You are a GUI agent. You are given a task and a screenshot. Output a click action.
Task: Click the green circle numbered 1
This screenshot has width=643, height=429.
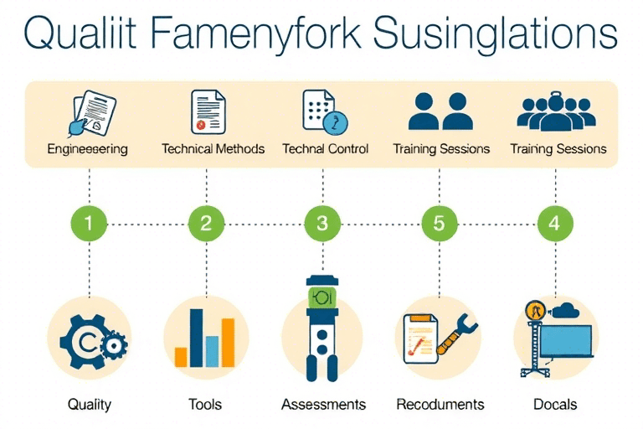tap(89, 224)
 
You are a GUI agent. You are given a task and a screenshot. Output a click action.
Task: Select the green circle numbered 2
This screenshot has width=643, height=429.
tap(206, 224)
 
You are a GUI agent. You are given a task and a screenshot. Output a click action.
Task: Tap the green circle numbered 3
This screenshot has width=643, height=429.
tap(322, 224)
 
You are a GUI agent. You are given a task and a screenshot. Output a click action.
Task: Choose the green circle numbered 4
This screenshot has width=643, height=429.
tap(555, 224)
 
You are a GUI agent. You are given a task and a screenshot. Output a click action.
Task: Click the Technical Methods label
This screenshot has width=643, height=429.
tap(213, 149)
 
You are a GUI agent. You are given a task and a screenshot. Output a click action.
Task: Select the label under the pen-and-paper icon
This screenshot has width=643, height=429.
tap(88, 149)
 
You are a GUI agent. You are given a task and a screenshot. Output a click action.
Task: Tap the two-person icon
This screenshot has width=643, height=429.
tap(441, 111)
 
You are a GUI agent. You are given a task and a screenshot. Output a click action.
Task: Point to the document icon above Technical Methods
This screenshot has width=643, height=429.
tap(209, 112)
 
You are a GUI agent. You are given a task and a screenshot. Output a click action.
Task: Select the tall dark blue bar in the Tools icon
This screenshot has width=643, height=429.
tap(198, 338)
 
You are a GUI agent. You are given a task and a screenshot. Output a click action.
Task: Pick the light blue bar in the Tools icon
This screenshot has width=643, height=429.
tap(213, 351)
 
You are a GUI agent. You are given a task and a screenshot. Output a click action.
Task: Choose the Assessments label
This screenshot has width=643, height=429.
tap(323, 405)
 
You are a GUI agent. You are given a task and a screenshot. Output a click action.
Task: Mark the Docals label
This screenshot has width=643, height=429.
tap(555, 405)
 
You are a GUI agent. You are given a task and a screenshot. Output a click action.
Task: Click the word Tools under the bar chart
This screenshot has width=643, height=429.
tap(205, 405)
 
